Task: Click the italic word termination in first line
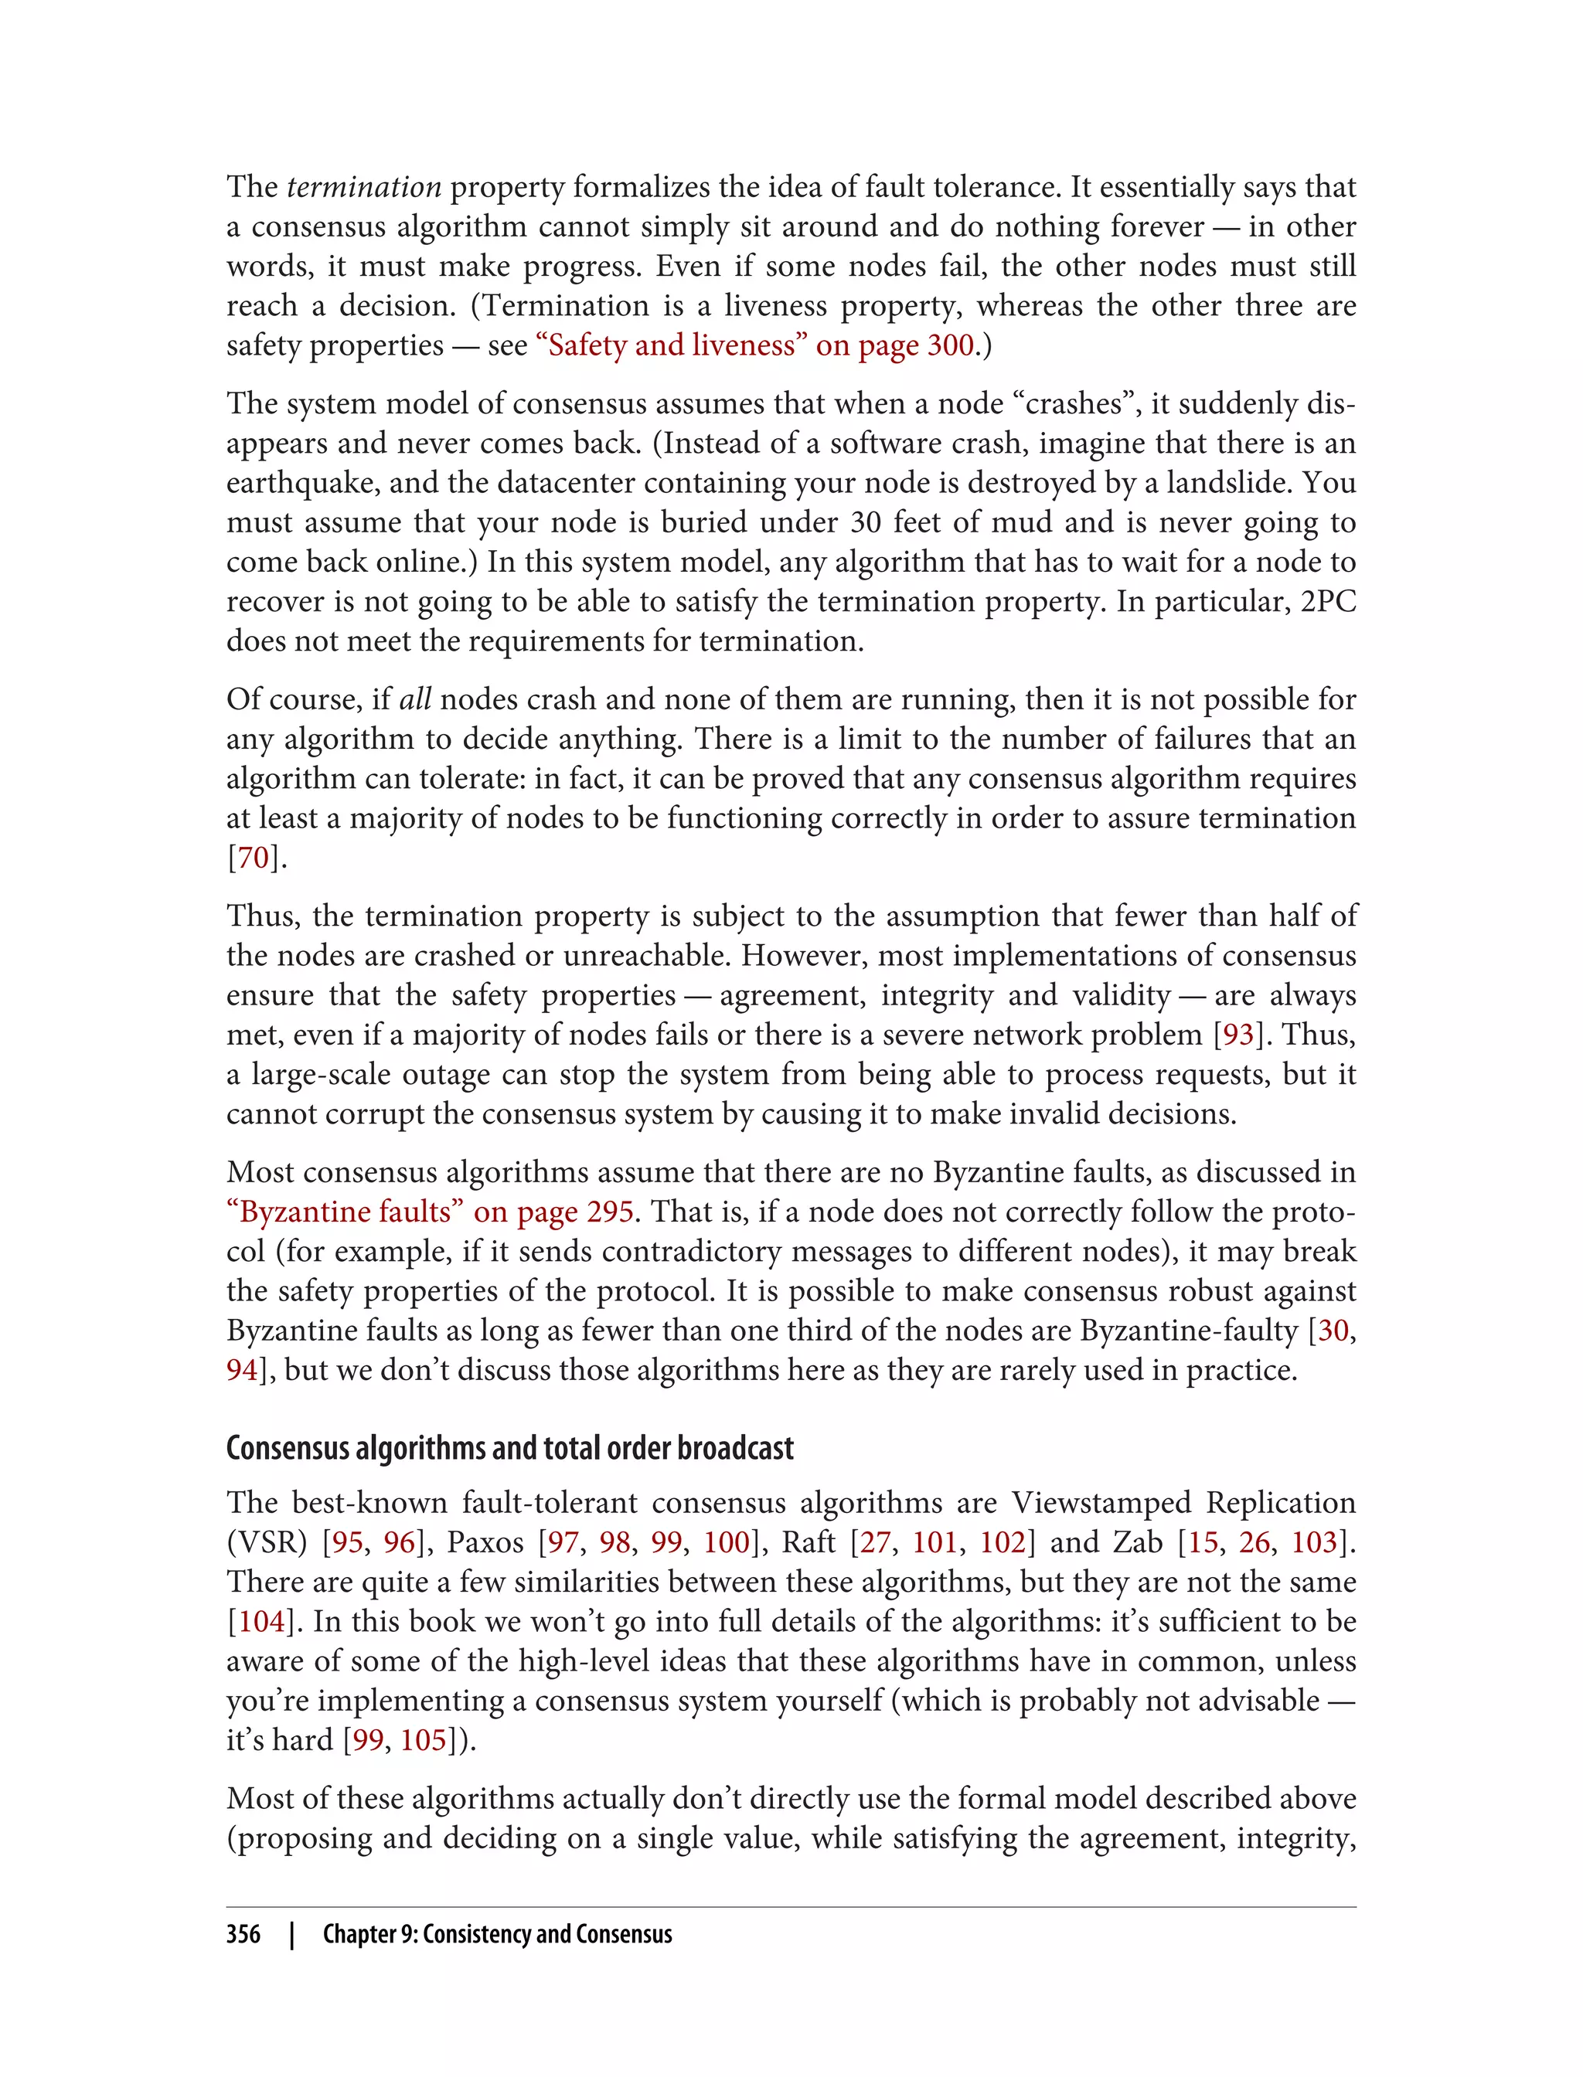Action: tap(364, 188)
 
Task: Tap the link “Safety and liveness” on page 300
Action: tap(754, 345)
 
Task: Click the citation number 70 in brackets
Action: tap(253, 858)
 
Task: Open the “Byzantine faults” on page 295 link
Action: tap(430, 1212)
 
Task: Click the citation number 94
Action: tap(241, 1369)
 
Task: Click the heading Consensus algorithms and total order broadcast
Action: tap(510, 1448)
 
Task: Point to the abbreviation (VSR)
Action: tap(267, 1542)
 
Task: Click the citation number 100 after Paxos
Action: tap(726, 1542)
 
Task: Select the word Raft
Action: tap(809, 1542)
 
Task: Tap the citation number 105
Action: tap(422, 1740)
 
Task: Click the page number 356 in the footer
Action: tap(243, 1934)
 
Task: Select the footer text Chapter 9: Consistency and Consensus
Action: tap(498, 1934)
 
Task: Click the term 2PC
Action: tap(1328, 602)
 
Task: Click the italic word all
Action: tap(414, 700)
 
